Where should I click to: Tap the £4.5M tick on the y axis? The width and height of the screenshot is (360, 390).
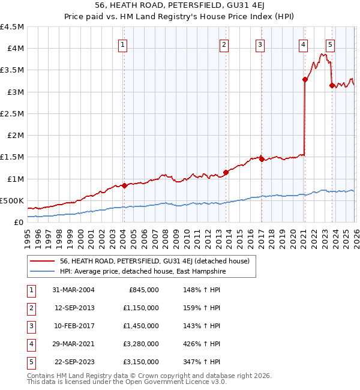[x=12, y=27]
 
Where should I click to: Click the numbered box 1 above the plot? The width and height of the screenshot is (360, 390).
[x=122, y=44]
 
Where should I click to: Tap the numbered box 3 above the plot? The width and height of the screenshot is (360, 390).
[x=260, y=44]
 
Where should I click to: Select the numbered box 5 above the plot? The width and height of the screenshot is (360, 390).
[x=331, y=44]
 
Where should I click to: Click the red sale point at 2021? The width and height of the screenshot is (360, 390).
[x=305, y=79]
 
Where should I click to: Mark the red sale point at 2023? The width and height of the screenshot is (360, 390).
[x=332, y=85]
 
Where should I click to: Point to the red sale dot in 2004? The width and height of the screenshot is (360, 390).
[x=124, y=186]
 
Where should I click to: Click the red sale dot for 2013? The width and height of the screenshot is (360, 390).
[x=225, y=173]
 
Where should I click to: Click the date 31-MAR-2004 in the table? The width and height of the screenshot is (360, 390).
[x=74, y=290]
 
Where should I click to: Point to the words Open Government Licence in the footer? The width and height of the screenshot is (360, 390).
[x=180, y=382]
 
